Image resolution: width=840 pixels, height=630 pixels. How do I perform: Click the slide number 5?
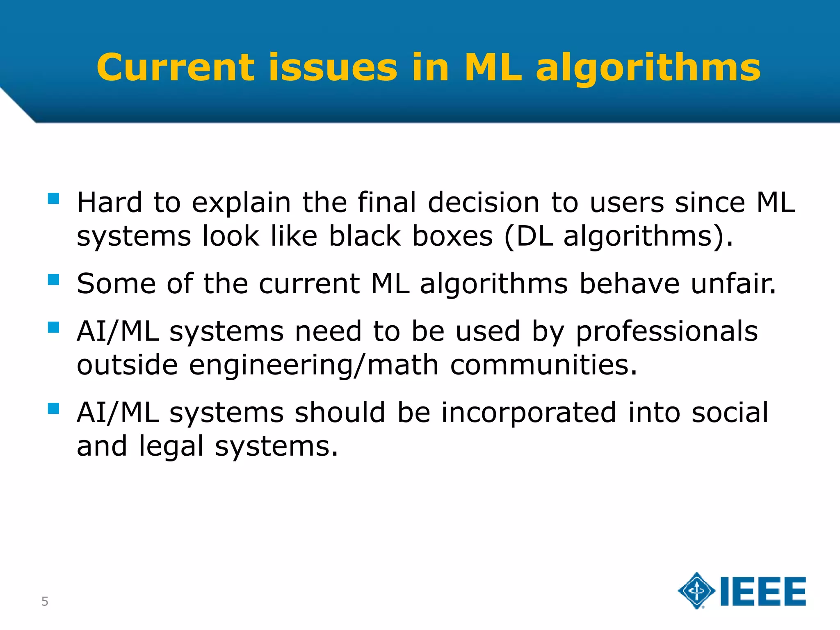pyautogui.click(x=45, y=601)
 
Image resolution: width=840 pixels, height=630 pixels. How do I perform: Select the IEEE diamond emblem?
pyautogui.click(x=696, y=591)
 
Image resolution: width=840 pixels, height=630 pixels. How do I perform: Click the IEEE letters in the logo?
pyautogui.click(x=763, y=591)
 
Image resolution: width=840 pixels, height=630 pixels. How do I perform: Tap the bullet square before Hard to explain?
pyautogui.click(x=54, y=199)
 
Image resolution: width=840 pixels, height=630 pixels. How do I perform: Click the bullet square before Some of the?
pyautogui.click(x=54, y=280)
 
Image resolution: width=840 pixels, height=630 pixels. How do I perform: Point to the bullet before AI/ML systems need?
pyautogui.click(x=54, y=327)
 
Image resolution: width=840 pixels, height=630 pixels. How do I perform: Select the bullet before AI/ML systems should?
pyautogui.click(x=54, y=409)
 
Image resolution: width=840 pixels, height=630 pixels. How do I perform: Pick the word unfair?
pyautogui.click(x=733, y=284)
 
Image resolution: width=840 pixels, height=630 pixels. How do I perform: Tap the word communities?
pyautogui.click(x=543, y=365)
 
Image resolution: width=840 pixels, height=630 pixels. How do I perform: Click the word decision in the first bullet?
pyautogui.click(x=484, y=203)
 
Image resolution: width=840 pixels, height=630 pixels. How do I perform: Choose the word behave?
pyautogui.click(x=629, y=284)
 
